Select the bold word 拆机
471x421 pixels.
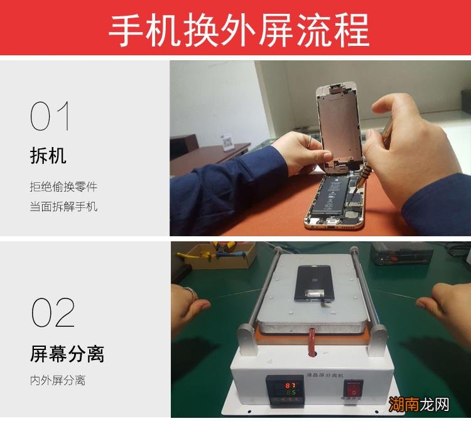tap(48, 155)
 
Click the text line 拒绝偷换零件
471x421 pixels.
tap(63, 187)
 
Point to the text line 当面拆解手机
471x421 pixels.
tap(63, 206)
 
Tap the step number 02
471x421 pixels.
tap(53, 313)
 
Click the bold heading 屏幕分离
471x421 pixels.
tap(67, 354)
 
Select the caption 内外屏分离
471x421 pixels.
tap(57, 380)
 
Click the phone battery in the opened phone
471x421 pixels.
tap(330, 195)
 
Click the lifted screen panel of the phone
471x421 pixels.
tap(339, 123)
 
